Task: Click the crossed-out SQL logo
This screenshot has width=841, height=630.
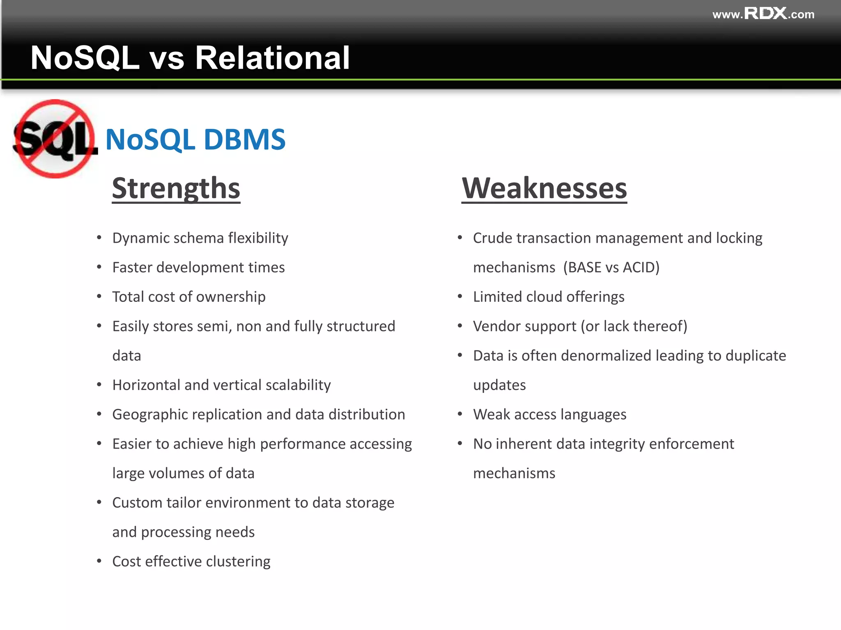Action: click(x=55, y=139)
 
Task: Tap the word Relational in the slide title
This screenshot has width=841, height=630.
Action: click(x=272, y=58)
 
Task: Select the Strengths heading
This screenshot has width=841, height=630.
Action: click(x=176, y=188)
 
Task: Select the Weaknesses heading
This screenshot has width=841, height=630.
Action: click(x=544, y=188)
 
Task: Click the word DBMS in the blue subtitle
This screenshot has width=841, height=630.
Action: click(x=244, y=139)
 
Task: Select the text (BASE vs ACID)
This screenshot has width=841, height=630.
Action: click(x=611, y=267)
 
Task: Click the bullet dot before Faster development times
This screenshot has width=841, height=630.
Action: click(x=99, y=267)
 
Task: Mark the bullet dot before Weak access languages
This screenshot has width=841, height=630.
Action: click(x=460, y=414)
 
